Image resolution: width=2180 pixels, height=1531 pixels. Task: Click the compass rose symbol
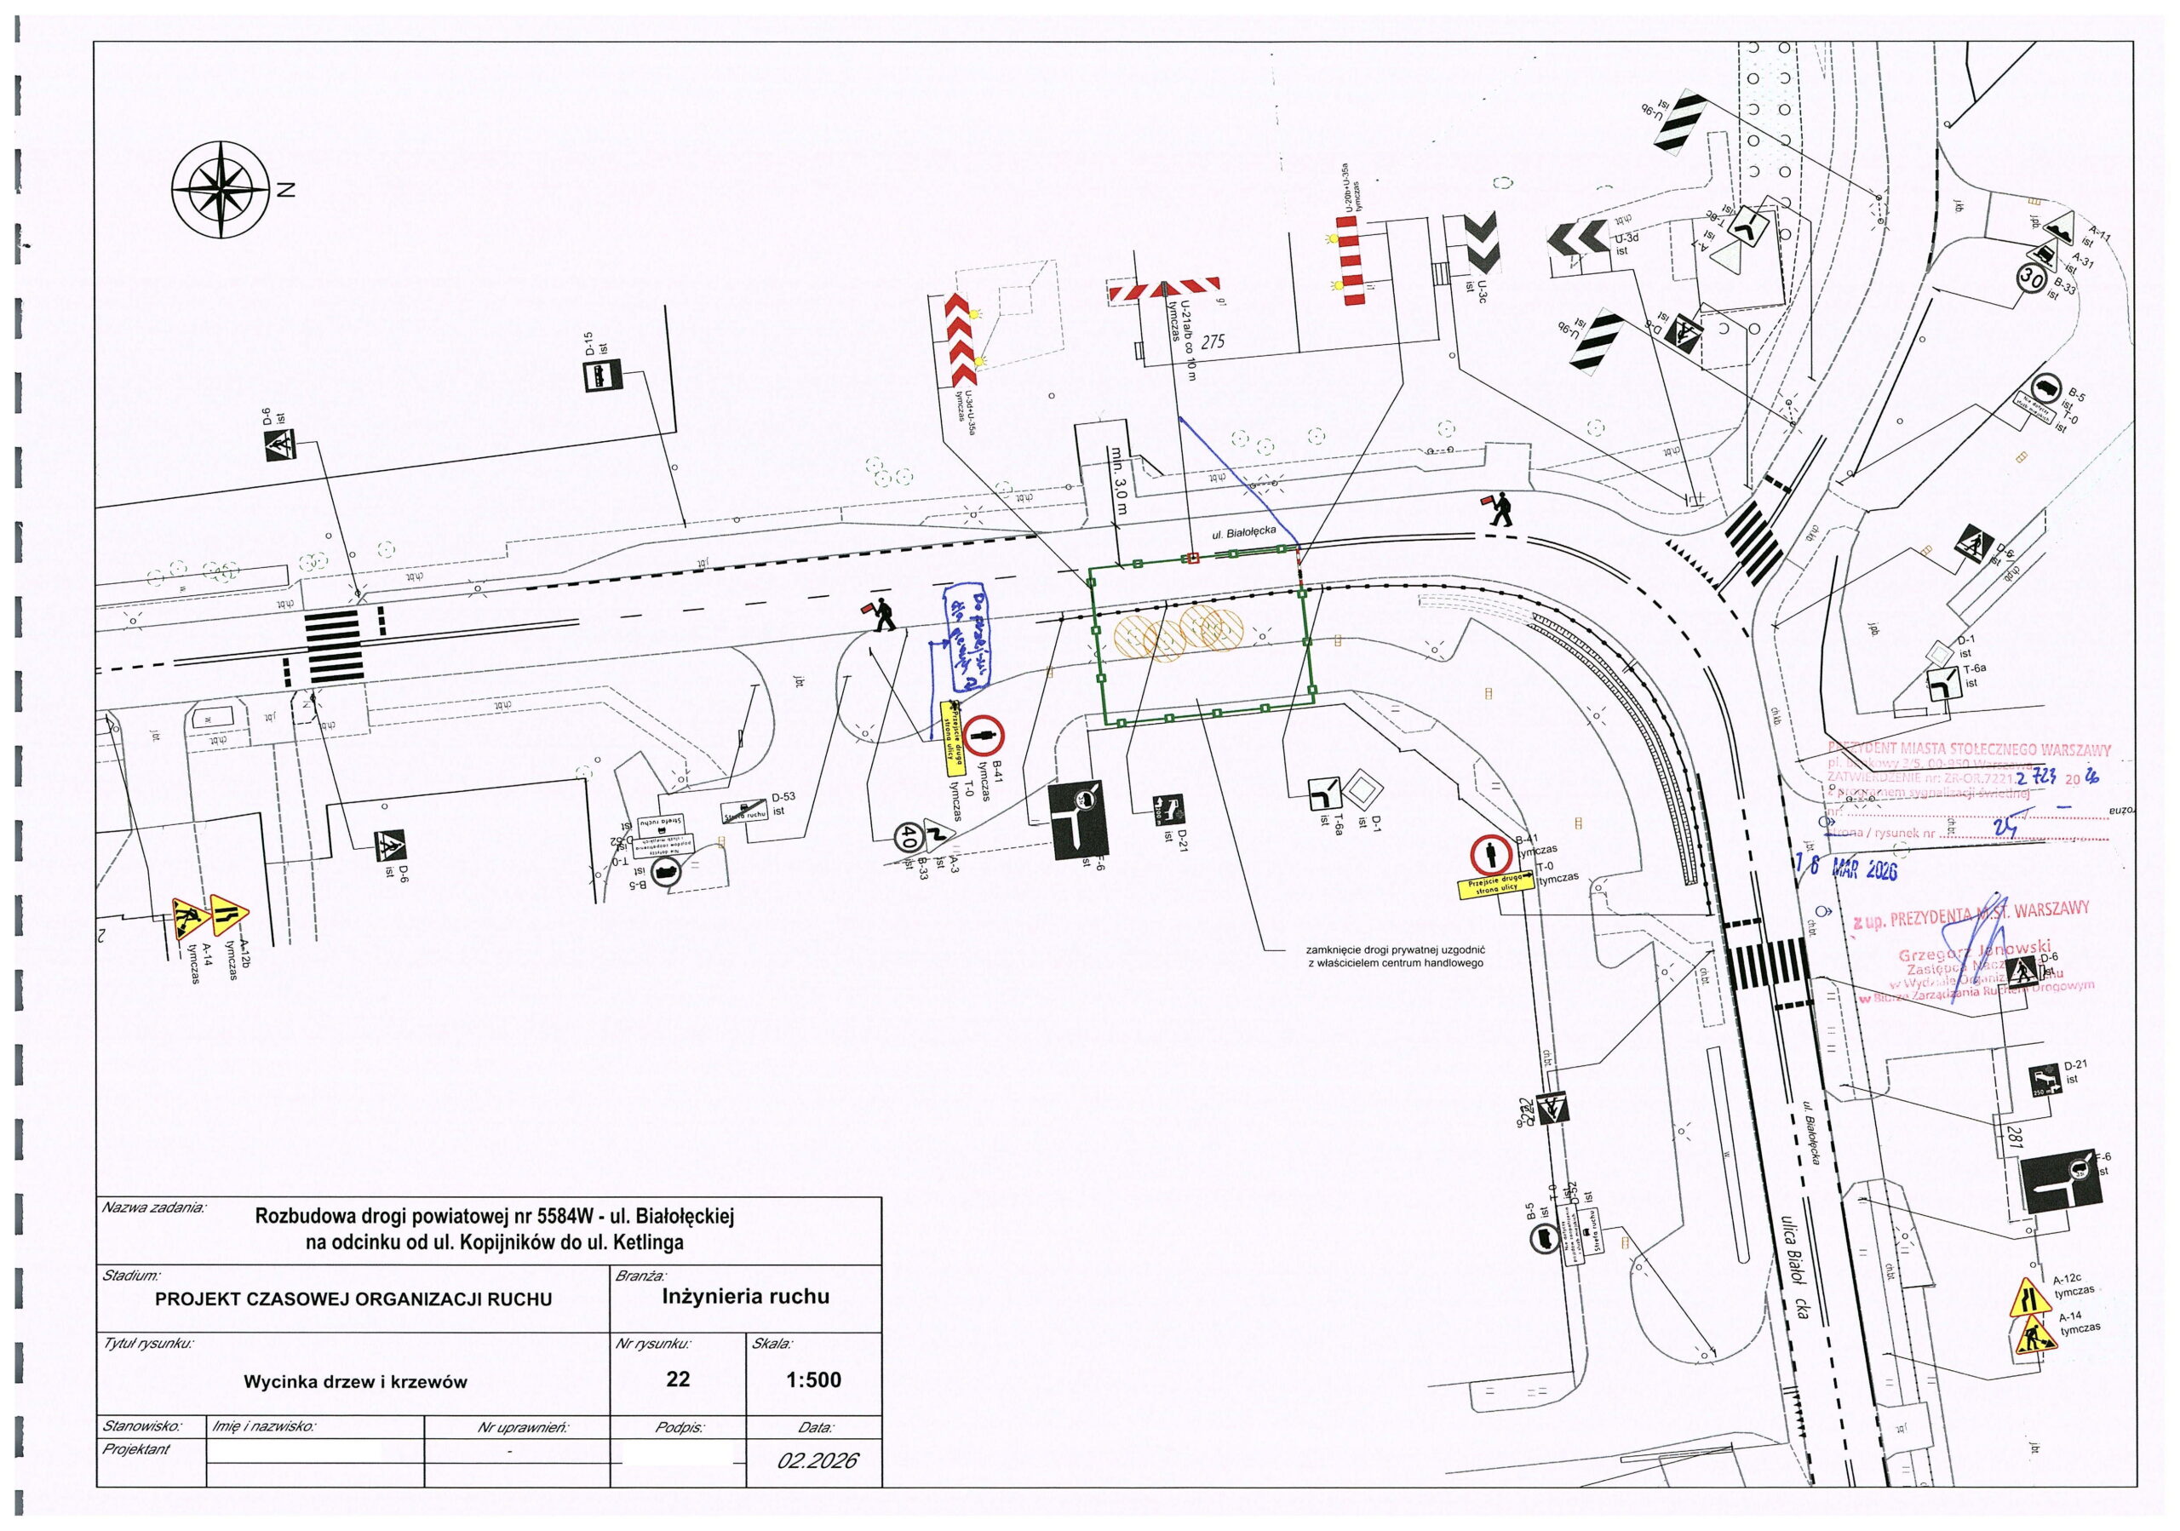pyautogui.click(x=221, y=190)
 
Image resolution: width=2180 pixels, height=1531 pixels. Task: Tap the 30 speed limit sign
pyautogui.click(x=2032, y=278)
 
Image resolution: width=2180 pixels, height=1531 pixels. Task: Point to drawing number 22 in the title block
pyautogui.click(x=677, y=1379)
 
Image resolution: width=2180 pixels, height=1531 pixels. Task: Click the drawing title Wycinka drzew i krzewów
pyautogui.click(x=355, y=1382)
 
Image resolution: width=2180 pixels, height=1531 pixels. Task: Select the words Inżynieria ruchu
pyautogui.click(x=745, y=1297)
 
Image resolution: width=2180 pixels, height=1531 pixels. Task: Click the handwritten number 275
pyautogui.click(x=1213, y=342)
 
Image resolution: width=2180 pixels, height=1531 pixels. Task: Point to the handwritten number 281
pyautogui.click(x=2014, y=1136)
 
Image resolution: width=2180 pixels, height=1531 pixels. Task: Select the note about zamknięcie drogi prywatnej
pyautogui.click(x=1395, y=955)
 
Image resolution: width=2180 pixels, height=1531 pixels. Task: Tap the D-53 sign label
pyautogui.click(x=783, y=798)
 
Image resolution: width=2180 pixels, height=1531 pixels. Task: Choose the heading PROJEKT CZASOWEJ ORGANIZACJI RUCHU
pyautogui.click(x=353, y=1299)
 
